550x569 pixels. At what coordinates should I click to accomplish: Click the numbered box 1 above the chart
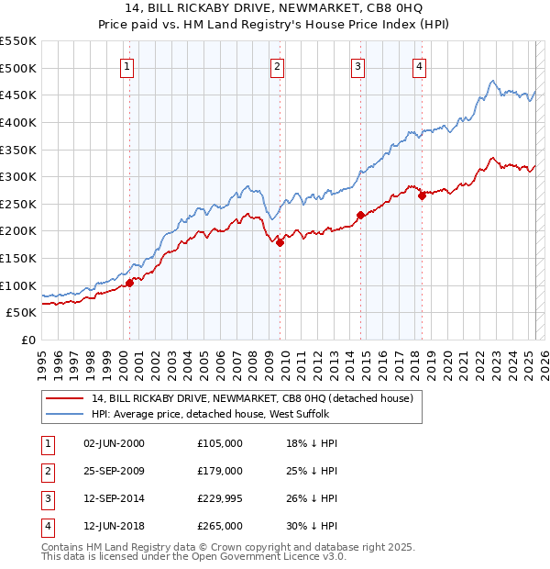[126, 66]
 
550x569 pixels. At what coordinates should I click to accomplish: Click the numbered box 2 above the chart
[277, 66]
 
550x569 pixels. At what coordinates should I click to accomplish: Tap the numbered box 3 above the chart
[357, 66]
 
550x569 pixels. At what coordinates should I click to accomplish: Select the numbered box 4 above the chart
[419, 66]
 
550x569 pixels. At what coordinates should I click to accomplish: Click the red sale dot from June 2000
[130, 283]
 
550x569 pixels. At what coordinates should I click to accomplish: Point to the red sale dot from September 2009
[280, 242]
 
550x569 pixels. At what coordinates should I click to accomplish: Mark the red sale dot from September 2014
[361, 215]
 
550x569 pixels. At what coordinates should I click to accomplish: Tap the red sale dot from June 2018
[422, 195]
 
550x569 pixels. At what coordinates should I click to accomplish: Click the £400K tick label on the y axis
[18, 122]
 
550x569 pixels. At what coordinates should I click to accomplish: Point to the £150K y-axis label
[18, 258]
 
